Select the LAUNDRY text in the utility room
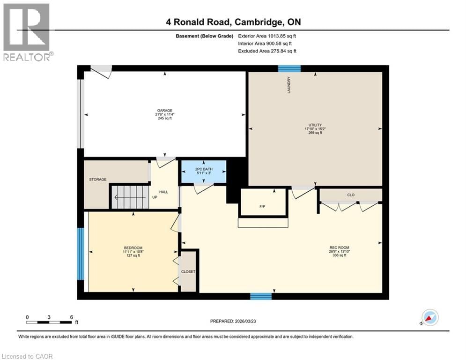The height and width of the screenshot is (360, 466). pos(289,85)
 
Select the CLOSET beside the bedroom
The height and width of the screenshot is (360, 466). pos(188,271)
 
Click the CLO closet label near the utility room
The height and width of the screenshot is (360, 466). pos(350,195)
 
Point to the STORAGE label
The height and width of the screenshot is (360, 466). pos(98,180)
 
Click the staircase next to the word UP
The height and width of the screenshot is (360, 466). pos(129,197)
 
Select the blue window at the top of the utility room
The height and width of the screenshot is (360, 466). pos(289,68)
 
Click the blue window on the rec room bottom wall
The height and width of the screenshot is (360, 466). pos(261,296)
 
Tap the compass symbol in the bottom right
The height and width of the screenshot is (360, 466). pos(430,317)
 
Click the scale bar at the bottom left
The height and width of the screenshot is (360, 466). pos(49,322)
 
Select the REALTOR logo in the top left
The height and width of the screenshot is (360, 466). pos(27,32)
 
